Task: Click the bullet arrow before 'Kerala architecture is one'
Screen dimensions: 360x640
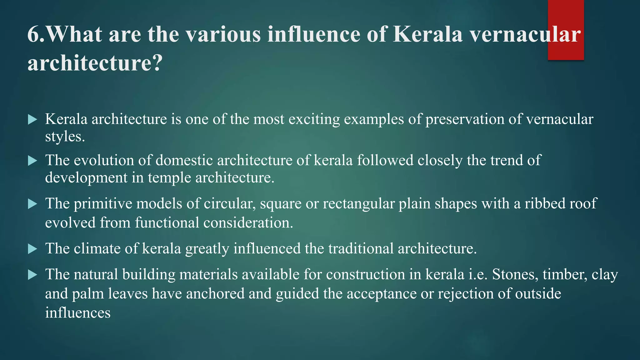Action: (32, 119)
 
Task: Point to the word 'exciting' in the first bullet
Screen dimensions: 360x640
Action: (314, 119)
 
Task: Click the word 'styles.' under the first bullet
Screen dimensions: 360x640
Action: (65, 137)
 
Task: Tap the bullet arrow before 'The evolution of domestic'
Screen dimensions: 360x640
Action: (32, 161)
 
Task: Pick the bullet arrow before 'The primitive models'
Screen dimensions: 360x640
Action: (32, 204)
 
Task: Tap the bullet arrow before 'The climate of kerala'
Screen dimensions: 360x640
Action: (32, 249)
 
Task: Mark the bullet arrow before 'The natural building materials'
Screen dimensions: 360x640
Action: (32, 275)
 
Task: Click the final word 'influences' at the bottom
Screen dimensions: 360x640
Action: (78, 313)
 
